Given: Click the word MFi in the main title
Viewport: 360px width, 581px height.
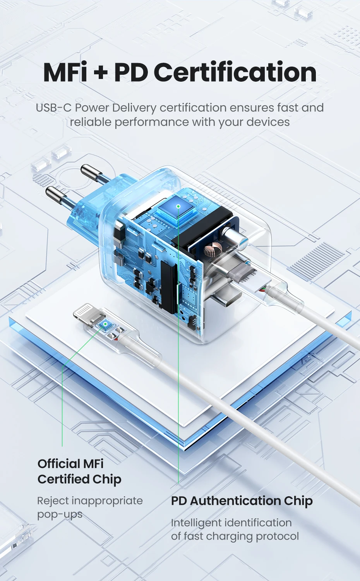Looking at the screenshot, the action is coord(65,72).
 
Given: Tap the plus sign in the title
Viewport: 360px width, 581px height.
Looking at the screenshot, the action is coord(100,72).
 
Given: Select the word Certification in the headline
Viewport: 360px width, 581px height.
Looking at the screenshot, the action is coord(235,72).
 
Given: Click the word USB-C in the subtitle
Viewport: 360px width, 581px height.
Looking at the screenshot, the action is coord(53,108).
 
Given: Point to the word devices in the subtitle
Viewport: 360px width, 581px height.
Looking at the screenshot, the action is coord(268,122).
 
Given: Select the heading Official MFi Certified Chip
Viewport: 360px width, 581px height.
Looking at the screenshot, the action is coord(79,471).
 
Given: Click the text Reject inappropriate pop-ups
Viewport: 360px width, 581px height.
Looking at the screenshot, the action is coord(90,507).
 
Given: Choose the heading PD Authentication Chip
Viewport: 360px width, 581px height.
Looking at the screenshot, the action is coord(242,500).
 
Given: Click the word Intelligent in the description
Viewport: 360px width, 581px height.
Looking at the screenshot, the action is coord(197,523).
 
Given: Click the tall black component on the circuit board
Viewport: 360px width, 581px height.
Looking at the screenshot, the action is coord(169,286).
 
